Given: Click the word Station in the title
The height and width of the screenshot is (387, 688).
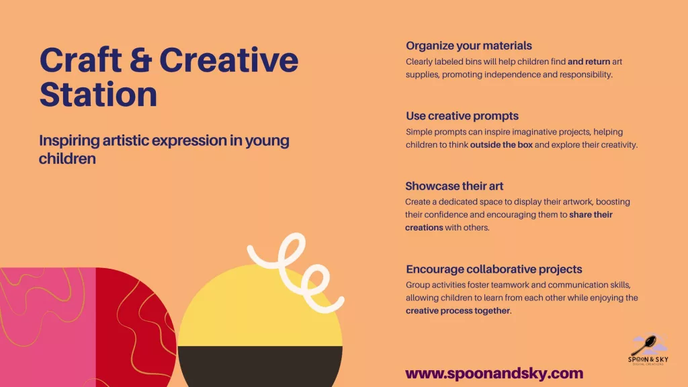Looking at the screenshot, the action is point(98,94).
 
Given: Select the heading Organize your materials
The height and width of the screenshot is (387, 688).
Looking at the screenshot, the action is point(468,46).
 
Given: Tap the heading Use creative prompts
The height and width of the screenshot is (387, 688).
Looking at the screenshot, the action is point(462,116).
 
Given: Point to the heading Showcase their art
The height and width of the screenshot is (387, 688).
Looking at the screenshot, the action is point(454,186).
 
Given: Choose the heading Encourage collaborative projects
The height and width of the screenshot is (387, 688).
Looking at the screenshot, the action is point(494,269).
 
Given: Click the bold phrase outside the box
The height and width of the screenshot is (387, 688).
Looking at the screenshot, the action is point(501,145).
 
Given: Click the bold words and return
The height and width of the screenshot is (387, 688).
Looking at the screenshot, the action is point(589,61).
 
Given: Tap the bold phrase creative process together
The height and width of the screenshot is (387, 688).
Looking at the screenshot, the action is point(458,310).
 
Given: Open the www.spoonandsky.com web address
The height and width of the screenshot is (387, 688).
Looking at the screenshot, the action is point(494,374).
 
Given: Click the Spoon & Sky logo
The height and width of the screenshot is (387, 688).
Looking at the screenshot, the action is point(648,350).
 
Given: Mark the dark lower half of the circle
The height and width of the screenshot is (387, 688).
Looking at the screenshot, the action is point(260,366).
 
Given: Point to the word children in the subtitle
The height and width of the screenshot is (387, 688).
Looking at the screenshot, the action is point(67,159).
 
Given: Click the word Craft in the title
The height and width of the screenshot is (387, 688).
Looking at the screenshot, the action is point(81,60).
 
